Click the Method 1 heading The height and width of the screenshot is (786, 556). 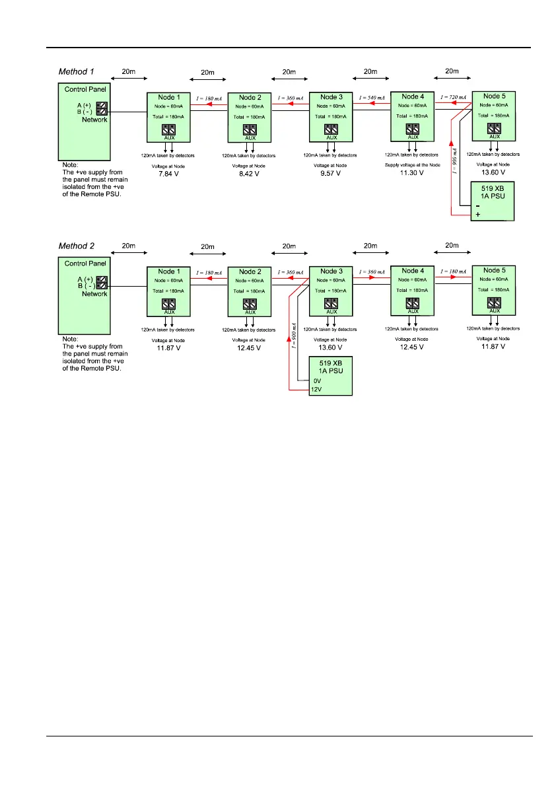77,71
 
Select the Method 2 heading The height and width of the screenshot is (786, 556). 77,246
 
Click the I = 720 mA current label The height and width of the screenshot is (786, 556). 452,97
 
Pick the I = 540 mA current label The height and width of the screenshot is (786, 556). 371,97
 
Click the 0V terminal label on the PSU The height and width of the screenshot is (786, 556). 317,380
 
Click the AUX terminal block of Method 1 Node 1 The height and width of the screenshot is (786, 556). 168,129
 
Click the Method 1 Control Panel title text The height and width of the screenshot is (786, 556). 84,89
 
